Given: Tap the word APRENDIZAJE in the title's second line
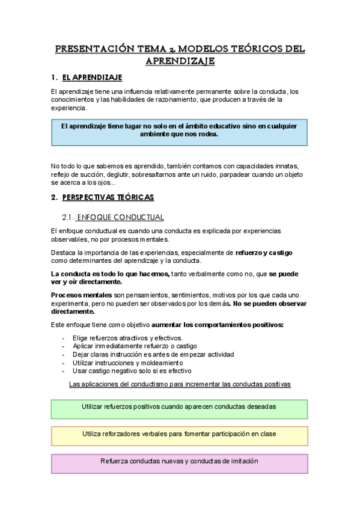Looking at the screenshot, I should click(180, 61).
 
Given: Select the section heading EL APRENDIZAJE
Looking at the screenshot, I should click(92, 78).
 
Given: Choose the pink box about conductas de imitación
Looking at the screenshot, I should click(180, 462).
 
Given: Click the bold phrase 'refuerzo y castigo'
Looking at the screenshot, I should click(264, 253).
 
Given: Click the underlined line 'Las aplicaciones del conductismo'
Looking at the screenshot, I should click(180, 384).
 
